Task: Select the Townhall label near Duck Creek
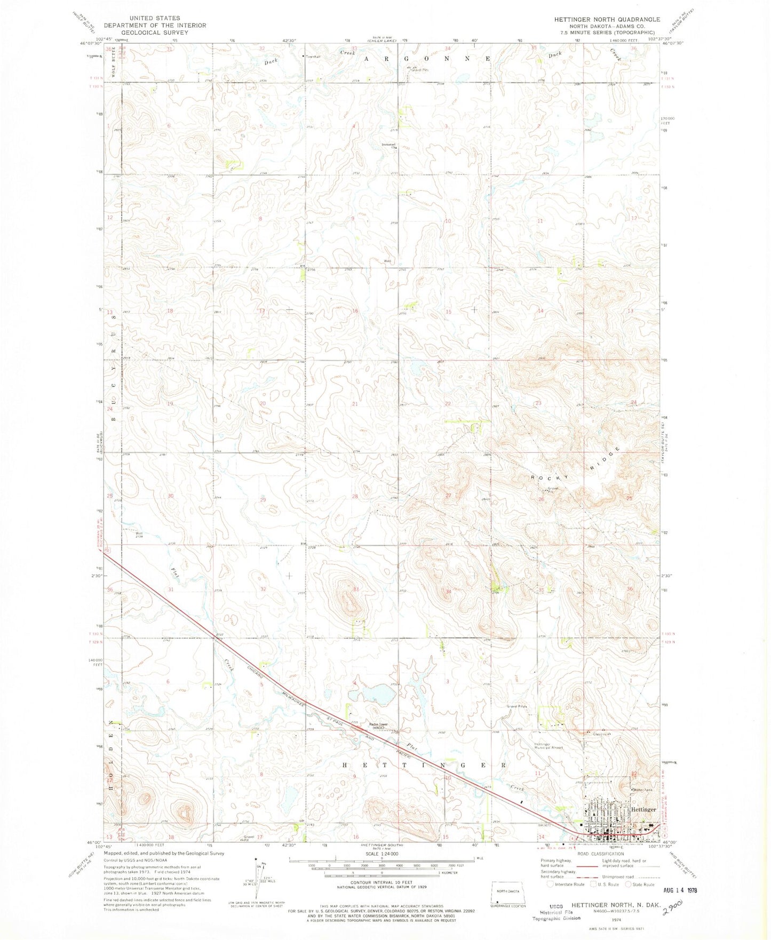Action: (x=313, y=57)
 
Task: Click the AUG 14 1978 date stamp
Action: (x=677, y=890)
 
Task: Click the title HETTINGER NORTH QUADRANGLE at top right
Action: (x=607, y=19)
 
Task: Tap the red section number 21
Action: (x=355, y=404)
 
